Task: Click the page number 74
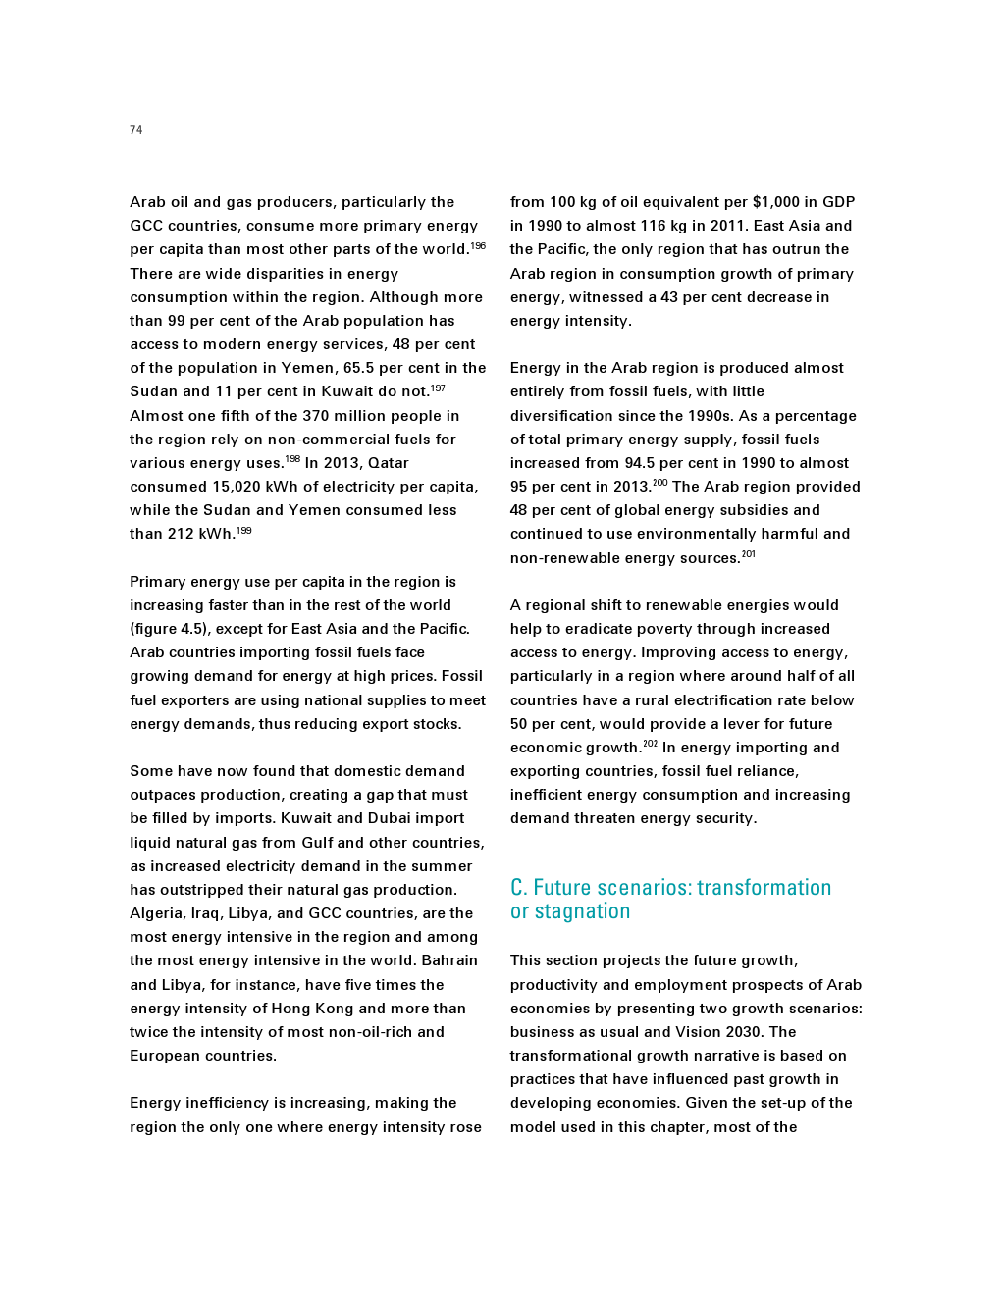pos(135,130)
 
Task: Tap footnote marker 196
pos(478,246)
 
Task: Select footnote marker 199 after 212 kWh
pos(244,531)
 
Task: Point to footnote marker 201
pos(749,554)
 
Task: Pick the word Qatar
pos(389,463)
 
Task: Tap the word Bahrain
pos(449,960)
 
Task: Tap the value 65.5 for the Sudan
pos(359,368)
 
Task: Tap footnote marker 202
pos(651,745)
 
